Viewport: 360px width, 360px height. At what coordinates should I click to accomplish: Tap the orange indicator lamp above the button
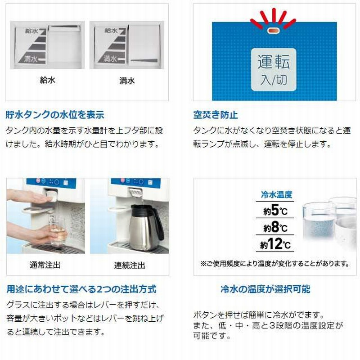coord(273,31)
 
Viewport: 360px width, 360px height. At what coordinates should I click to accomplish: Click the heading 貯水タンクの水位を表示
coord(55,115)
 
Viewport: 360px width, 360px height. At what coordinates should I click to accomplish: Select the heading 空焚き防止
coord(215,115)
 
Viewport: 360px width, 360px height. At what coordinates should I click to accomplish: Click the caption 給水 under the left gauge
coord(47,81)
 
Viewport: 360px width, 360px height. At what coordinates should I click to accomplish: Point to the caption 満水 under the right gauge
coord(127,81)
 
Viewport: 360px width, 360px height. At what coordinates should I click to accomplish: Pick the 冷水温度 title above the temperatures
coord(276,194)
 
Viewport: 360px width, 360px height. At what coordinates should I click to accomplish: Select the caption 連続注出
coord(129,265)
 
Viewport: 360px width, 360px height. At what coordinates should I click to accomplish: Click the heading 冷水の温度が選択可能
coord(265,289)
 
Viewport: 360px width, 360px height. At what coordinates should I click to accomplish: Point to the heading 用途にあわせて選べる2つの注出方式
coord(81,289)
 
